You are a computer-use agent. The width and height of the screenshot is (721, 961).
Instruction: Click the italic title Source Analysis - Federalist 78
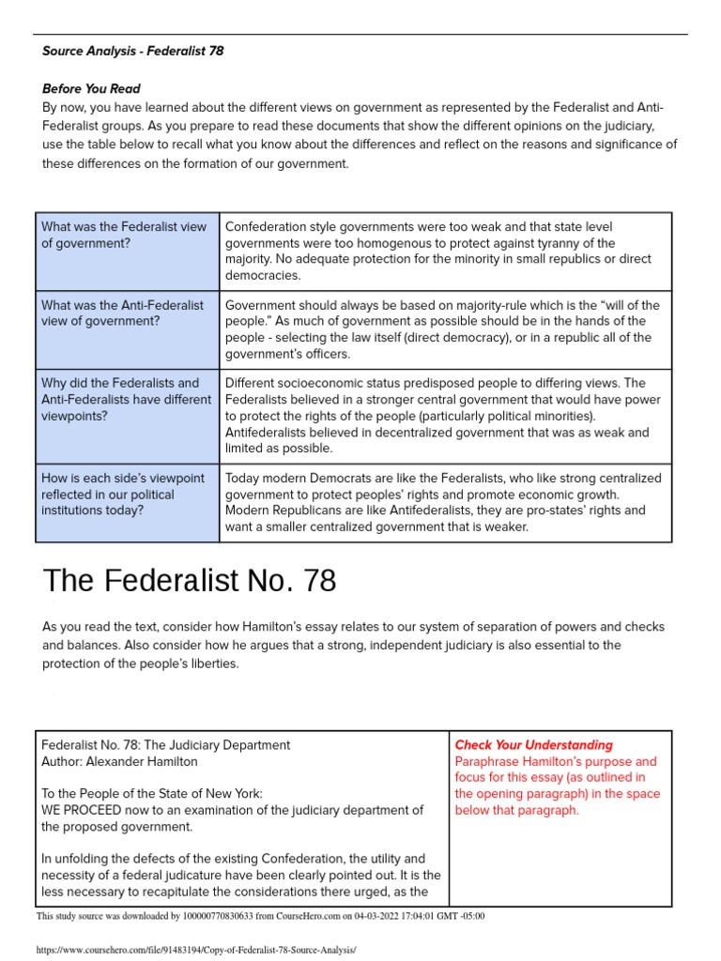point(132,51)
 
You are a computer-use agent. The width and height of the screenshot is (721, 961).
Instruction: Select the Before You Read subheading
point(91,89)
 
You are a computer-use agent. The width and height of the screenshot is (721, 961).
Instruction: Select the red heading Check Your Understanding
point(533,745)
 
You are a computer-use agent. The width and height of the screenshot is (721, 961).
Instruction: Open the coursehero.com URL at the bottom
point(196,950)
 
